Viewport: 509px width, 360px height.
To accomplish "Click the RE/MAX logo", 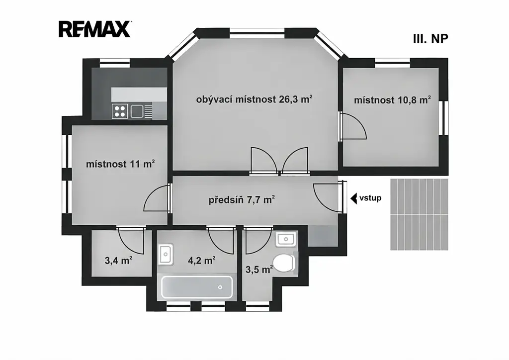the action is point(95,29).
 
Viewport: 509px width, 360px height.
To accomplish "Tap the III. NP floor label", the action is point(430,39).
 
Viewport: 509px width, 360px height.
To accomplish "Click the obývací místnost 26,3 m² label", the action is point(254,99).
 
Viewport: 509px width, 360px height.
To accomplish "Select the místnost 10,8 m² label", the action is point(393,99).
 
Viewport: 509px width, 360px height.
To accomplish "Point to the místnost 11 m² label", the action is point(120,164).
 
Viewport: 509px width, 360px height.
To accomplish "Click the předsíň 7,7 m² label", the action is point(242,199).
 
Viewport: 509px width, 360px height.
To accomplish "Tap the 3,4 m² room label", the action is point(118,260).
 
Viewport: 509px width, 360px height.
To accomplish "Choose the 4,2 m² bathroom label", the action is point(202,260).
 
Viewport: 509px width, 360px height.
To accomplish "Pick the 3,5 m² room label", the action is point(259,269).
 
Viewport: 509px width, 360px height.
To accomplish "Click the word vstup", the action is point(370,198).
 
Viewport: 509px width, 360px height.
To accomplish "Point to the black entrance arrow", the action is point(353,198).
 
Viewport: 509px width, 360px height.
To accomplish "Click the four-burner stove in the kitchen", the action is point(119,111).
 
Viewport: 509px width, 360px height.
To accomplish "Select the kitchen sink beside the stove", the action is point(137,111).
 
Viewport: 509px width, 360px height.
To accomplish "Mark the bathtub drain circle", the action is point(220,287).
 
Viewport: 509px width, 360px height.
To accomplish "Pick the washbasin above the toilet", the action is point(286,240).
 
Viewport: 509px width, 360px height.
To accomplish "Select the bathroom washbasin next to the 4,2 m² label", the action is point(166,254).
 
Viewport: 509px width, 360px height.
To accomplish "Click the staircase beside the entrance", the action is point(419,214).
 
